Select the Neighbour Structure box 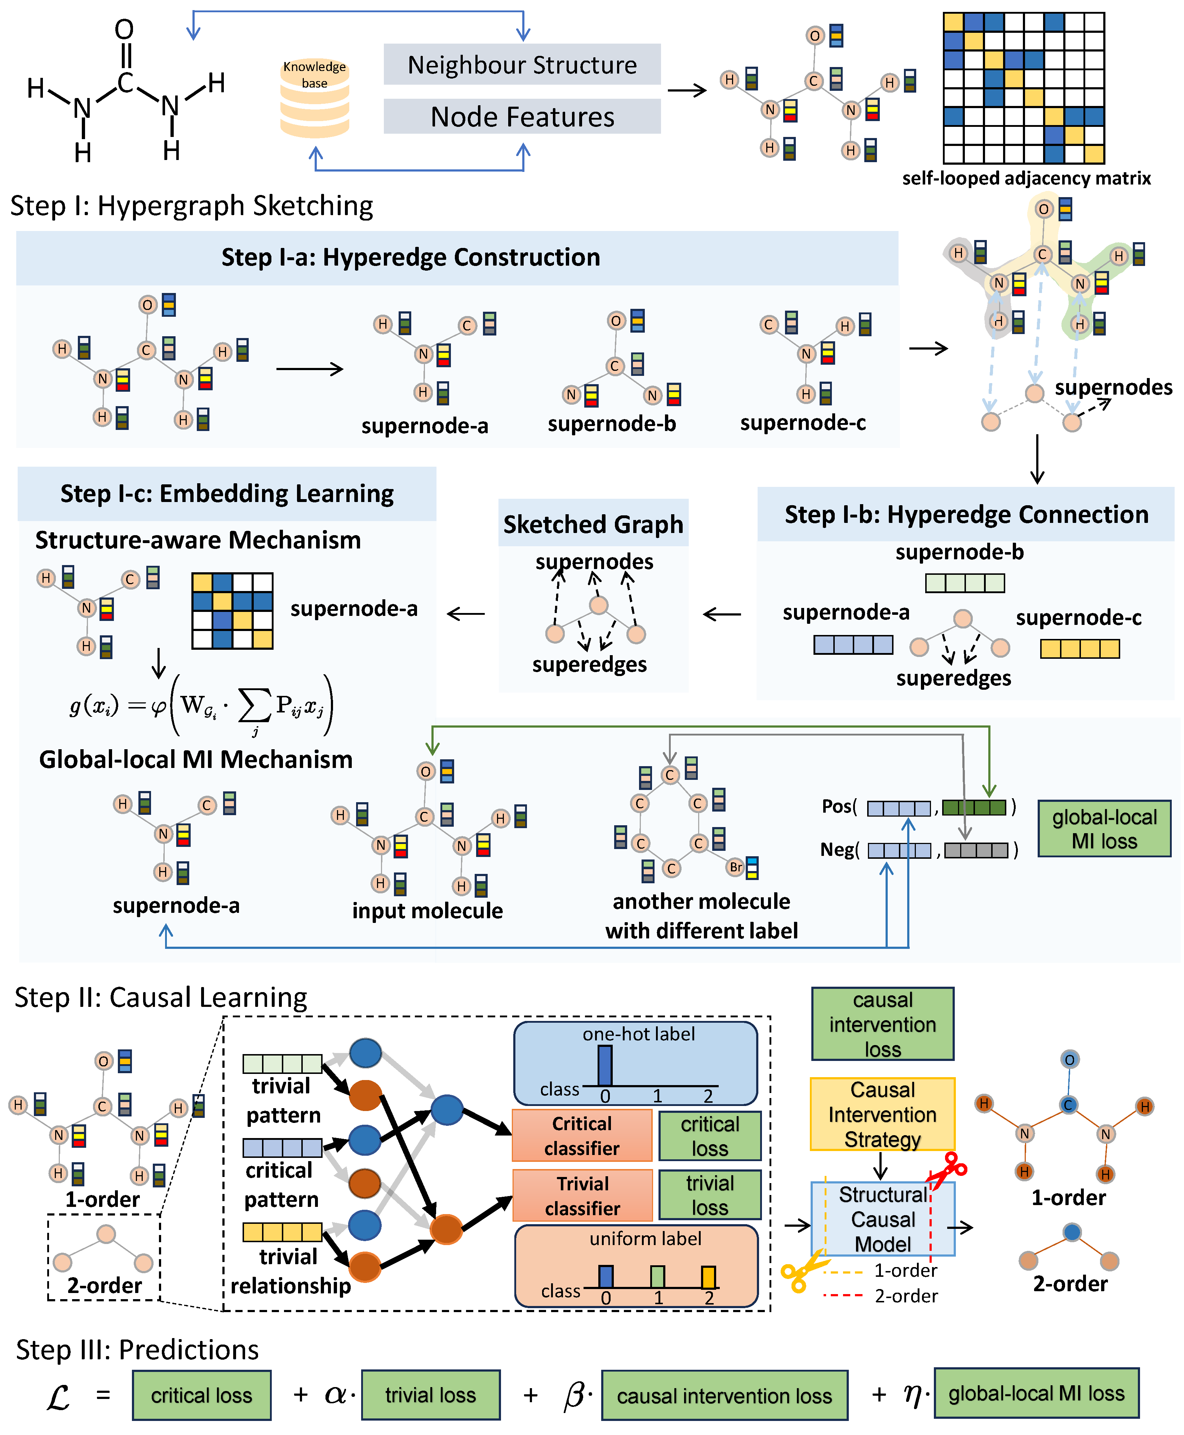522,65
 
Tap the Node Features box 522,117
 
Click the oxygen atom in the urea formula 124,29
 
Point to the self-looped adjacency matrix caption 1026,179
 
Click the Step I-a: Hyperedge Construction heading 411,257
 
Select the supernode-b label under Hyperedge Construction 612,423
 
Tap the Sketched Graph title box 593,524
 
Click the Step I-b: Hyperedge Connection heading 966,514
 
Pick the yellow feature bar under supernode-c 1079,649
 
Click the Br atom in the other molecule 735,867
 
